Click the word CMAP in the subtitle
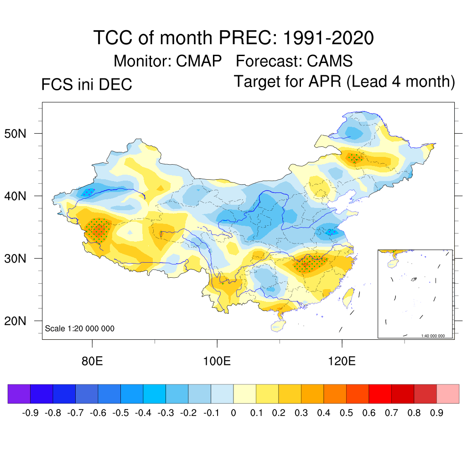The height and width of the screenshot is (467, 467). click(x=200, y=61)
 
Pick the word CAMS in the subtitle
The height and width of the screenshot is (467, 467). click(x=330, y=61)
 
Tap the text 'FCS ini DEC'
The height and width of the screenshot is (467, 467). click(x=87, y=84)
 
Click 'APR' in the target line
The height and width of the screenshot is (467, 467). click(x=325, y=82)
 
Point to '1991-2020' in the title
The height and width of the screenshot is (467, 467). click(x=328, y=37)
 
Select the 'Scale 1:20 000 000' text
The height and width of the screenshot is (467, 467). click(x=80, y=328)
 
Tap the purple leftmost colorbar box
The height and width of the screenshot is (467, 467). click(x=19, y=394)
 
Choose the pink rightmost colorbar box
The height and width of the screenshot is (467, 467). click(x=448, y=394)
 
